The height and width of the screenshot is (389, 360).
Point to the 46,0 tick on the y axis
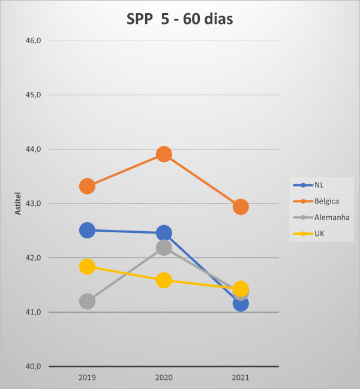tap(32, 41)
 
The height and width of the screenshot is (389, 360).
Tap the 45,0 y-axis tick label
tap(32, 95)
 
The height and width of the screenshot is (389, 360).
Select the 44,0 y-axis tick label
tap(32, 149)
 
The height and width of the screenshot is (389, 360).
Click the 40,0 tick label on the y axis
tap(32, 366)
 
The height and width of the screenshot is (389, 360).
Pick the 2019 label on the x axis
tap(87, 378)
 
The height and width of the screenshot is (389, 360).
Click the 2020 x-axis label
tap(164, 378)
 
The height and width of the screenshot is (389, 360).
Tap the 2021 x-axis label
tap(241, 378)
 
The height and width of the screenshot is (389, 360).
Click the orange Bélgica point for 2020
tap(164, 154)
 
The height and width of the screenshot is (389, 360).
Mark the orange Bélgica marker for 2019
tap(87, 186)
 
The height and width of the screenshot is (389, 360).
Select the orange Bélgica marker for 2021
tap(241, 207)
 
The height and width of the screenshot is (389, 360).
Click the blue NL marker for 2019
tap(87, 230)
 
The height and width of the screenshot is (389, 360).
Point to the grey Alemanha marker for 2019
tap(87, 301)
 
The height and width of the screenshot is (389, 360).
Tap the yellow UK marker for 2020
tap(164, 280)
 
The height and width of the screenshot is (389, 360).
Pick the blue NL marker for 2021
tap(241, 304)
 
